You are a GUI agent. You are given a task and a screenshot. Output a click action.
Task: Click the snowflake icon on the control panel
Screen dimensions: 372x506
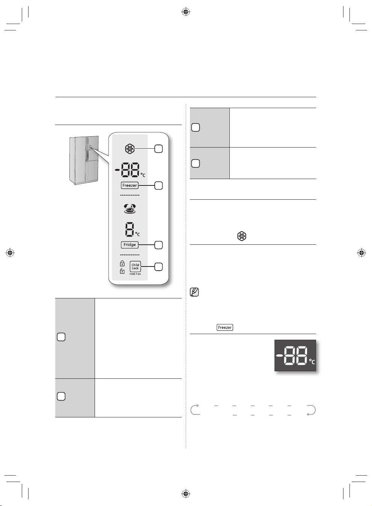(130, 149)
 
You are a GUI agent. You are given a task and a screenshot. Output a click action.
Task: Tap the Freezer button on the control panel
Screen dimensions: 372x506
(130, 185)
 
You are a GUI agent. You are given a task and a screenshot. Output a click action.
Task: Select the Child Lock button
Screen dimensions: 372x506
(135, 267)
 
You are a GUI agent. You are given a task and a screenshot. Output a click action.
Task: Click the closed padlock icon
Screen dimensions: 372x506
(122, 264)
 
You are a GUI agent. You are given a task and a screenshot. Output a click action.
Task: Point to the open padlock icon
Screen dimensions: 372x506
(122, 271)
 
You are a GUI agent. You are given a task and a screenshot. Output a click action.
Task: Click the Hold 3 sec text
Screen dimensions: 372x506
(135, 274)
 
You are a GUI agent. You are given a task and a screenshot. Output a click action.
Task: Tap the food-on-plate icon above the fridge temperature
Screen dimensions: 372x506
(130, 209)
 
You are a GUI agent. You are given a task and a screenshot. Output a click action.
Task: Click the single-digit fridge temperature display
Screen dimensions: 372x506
(129, 229)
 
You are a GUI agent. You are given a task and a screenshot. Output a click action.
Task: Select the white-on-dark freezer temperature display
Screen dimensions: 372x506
(295, 355)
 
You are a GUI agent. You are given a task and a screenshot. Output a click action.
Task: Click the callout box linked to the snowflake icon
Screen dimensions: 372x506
(158, 149)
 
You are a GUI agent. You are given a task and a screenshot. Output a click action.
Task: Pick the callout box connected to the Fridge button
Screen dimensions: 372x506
(158, 245)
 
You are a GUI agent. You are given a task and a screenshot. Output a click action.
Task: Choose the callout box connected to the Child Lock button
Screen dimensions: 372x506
(158, 267)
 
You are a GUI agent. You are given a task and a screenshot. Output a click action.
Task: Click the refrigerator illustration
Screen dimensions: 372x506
(84, 160)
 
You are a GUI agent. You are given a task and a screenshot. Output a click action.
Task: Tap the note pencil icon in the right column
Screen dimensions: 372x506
(194, 292)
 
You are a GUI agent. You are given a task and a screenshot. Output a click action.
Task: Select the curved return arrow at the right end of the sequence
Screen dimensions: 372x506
(311, 410)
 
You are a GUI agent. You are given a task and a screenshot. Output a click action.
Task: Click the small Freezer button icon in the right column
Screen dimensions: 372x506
(225, 327)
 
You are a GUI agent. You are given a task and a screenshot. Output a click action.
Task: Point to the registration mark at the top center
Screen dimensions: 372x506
(186, 12)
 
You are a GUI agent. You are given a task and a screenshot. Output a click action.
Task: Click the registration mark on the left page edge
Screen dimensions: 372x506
(10, 253)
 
